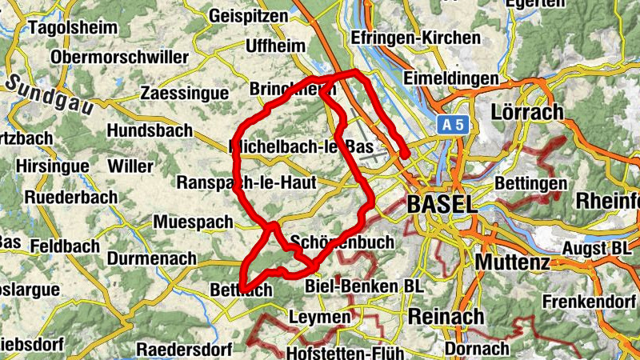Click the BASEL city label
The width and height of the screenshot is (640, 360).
tap(441, 204)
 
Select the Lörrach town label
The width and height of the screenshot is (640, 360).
tap(529, 111)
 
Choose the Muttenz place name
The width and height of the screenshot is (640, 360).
tap(513, 262)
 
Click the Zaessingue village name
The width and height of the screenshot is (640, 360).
tap(184, 94)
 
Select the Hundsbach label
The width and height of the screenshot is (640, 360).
tap(150, 130)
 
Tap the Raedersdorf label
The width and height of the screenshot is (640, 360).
tap(184, 350)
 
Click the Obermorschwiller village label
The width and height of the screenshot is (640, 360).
tap(119, 58)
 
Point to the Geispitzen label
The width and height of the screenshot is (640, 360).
tap(250, 15)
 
